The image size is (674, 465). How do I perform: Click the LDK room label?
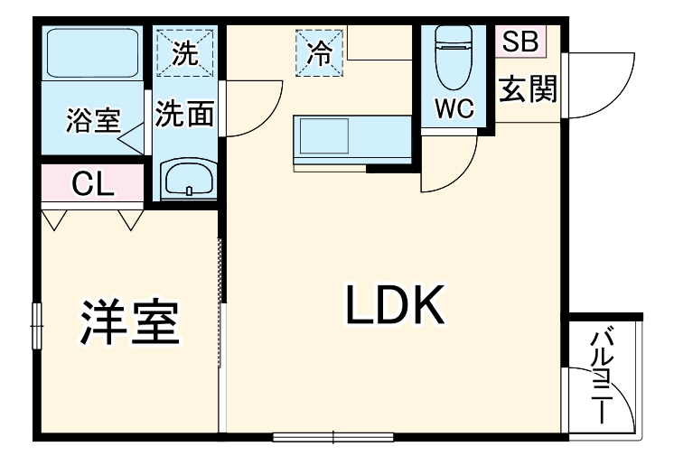click(395, 304)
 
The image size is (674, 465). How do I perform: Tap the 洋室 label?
click(129, 322)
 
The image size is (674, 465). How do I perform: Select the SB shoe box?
click(520, 41)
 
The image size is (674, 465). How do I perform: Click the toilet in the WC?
click(454, 57)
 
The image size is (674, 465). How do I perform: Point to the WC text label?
click(454, 108)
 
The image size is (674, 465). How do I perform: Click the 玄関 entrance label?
click(528, 89)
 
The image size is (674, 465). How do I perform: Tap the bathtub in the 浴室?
click(92, 53)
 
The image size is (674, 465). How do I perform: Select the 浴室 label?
click(93, 120)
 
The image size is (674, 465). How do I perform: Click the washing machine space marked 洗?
click(185, 53)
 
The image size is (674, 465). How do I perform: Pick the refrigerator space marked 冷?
click(319, 53)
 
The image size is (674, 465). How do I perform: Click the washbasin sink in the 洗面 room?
click(189, 179)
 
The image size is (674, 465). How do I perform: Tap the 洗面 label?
click(184, 114)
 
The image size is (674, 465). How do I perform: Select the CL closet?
click(92, 183)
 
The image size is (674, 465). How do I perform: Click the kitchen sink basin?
click(324, 136)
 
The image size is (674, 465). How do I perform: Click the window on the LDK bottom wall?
click(333, 437)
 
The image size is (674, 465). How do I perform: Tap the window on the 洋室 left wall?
click(37, 326)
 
